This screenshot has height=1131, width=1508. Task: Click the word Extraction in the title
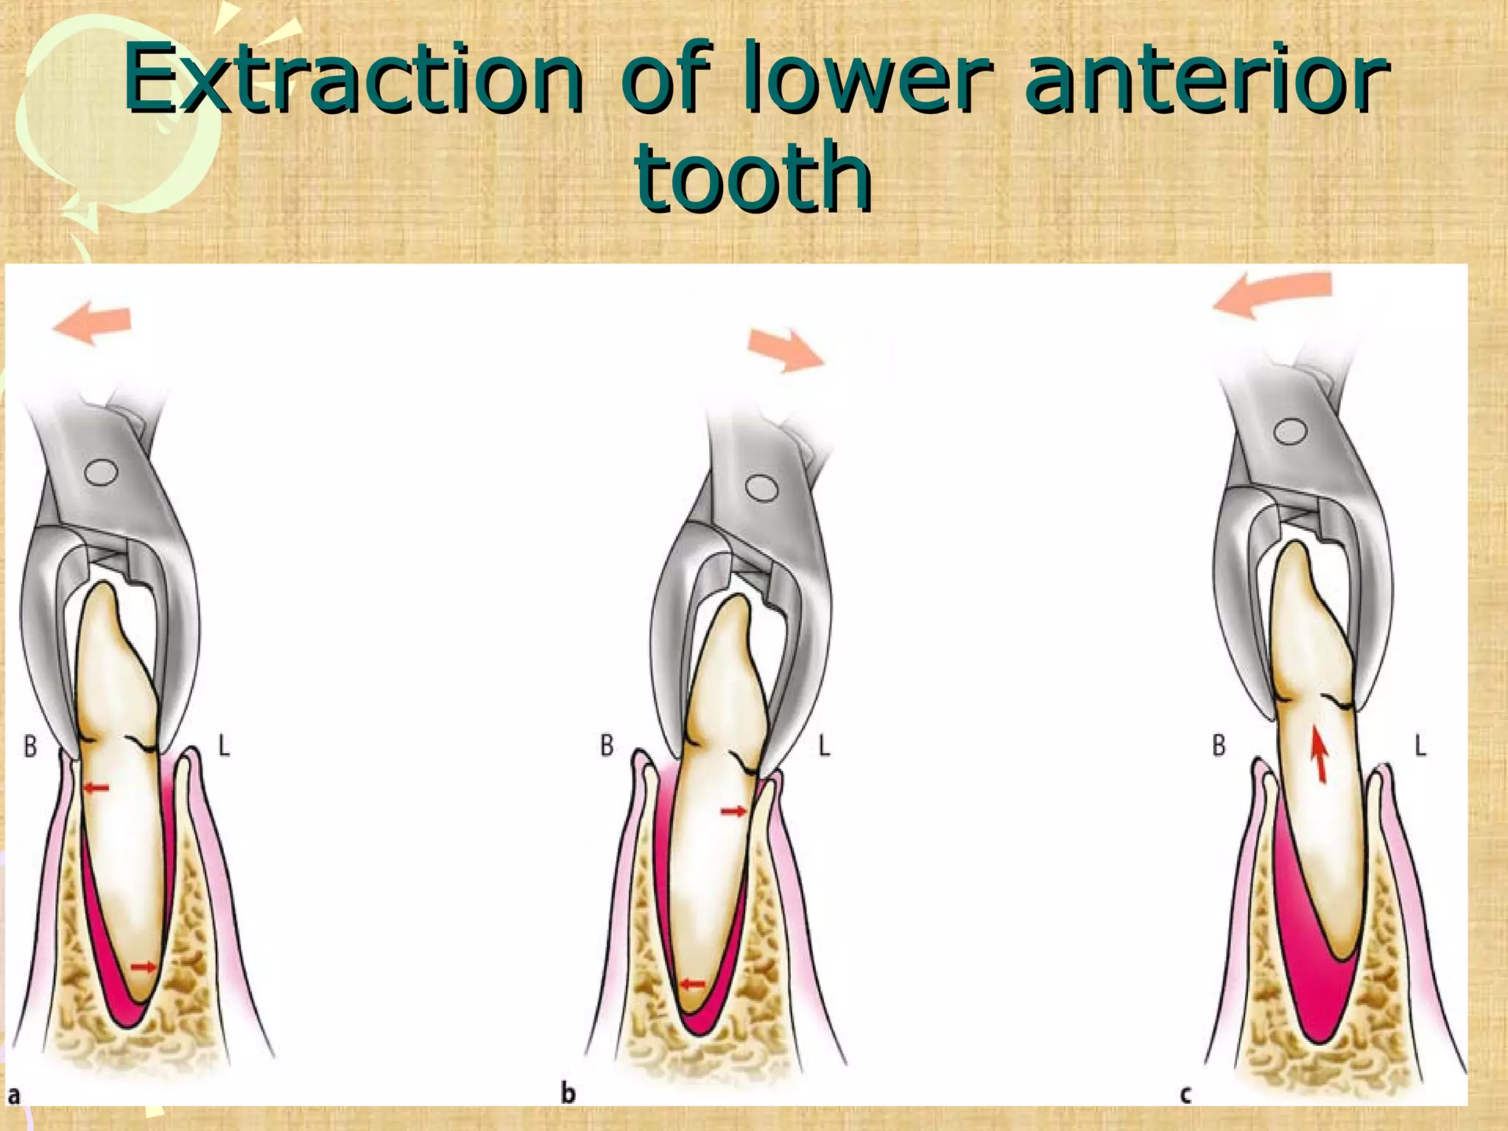(353, 77)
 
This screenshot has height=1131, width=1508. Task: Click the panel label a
(14, 1096)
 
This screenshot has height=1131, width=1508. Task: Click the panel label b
(568, 1093)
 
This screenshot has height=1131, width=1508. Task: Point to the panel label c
(1185, 1095)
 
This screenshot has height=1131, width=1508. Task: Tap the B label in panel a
(30, 747)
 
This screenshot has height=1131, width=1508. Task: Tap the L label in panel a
(224, 747)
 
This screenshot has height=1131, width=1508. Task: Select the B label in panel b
(607, 747)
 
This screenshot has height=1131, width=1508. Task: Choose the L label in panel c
(1420, 747)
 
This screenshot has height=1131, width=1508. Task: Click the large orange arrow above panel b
(785, 350)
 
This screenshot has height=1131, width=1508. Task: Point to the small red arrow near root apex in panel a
(143, 967)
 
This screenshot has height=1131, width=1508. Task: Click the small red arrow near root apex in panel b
(692, 983)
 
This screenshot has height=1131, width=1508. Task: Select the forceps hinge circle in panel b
(762, 487)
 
